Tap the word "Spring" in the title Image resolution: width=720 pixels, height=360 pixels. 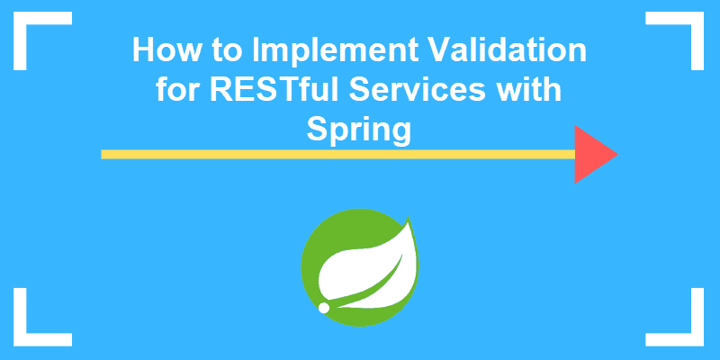tap(359, 130)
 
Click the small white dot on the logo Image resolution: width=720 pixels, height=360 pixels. tap(323, 308)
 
